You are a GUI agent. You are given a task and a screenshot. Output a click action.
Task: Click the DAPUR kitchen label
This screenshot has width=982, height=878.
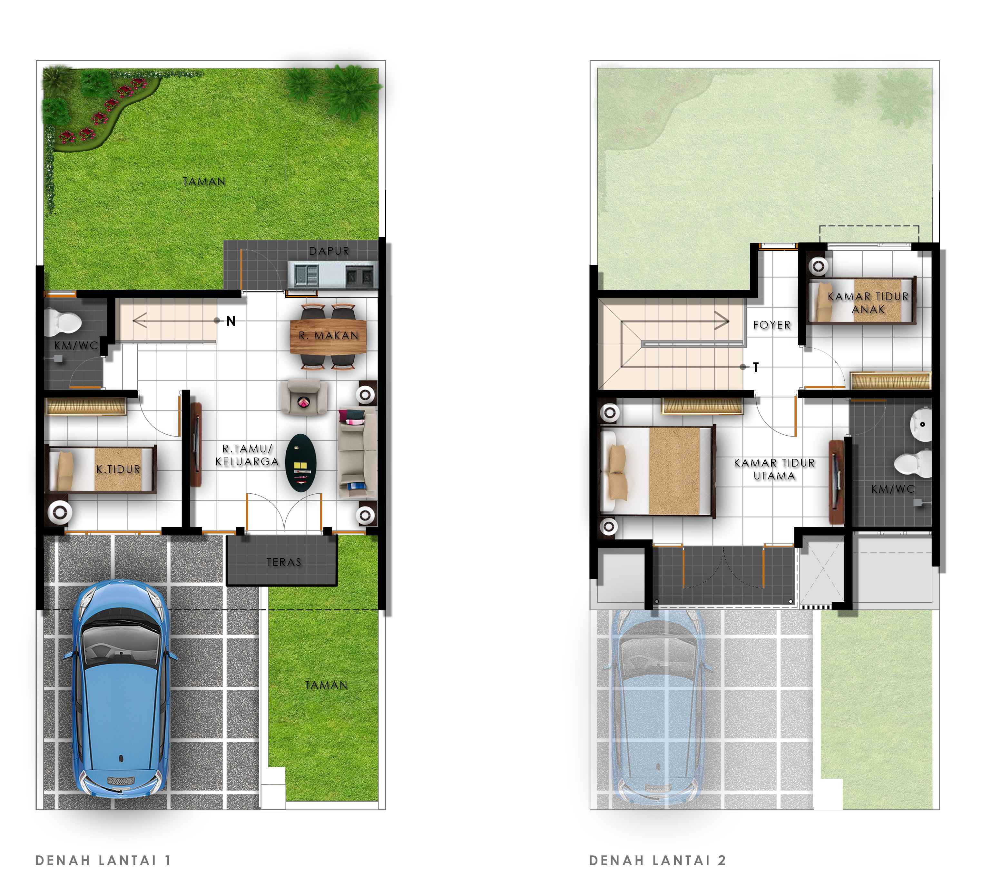(329, 251)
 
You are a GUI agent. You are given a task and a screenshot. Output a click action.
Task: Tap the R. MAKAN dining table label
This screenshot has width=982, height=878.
(329, 335)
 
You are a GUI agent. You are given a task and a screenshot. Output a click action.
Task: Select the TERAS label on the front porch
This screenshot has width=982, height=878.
(284, 562)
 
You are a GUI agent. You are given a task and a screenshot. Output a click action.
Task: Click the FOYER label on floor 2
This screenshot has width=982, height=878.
(772, 325)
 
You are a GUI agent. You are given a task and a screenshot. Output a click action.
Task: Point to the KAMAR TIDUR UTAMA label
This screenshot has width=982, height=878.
(774, 469)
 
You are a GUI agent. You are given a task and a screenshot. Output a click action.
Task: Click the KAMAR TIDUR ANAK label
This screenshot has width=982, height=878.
(868, 302)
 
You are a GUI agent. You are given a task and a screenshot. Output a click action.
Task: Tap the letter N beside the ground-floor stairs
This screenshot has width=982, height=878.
(231, 321)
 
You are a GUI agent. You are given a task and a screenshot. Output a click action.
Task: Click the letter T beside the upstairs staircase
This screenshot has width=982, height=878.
(756, 367)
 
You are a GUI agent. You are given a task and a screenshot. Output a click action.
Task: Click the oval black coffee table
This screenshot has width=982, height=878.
(300, 463)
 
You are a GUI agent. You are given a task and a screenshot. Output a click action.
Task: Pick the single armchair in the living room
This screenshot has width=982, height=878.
(303, 397)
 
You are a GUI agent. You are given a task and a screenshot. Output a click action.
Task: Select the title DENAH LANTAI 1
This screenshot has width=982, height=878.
(103, 860)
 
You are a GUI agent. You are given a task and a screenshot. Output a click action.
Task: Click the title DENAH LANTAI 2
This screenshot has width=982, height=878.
(657, 860)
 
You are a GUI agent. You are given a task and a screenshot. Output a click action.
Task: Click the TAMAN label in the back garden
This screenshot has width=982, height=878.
(204, 182)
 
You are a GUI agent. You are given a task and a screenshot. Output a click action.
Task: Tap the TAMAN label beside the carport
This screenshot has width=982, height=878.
(326, 685)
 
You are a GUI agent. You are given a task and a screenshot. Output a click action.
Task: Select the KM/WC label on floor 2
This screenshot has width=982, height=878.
(893, 489)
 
